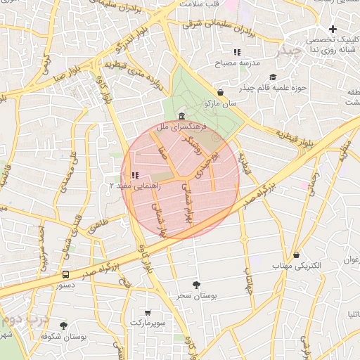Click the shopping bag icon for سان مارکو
click(x=221, y=92)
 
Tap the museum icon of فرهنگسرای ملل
click(x=182, y=116)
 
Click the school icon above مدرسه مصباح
click(x=237, y=52)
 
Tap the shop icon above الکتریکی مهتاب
click(x=296, y=255)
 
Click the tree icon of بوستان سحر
click(x=196, y=284)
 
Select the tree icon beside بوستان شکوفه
click(x=64, y=326)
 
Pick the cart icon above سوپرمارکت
click(x=148, y=312)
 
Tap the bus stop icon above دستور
click(x=65, y=275)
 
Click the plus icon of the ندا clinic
click(x=333, y=28)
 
